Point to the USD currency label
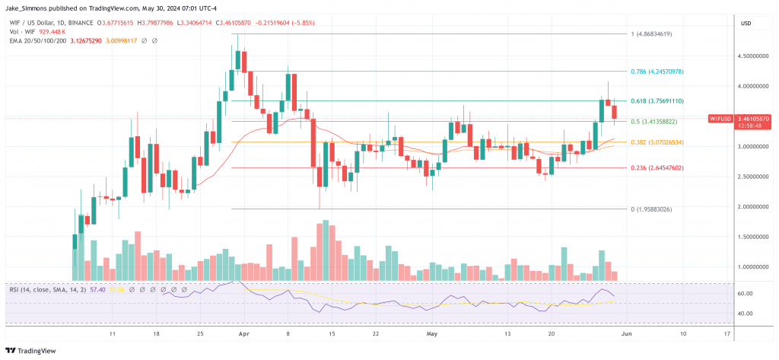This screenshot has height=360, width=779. (746, 24)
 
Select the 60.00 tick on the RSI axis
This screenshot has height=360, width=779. (745, 294)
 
